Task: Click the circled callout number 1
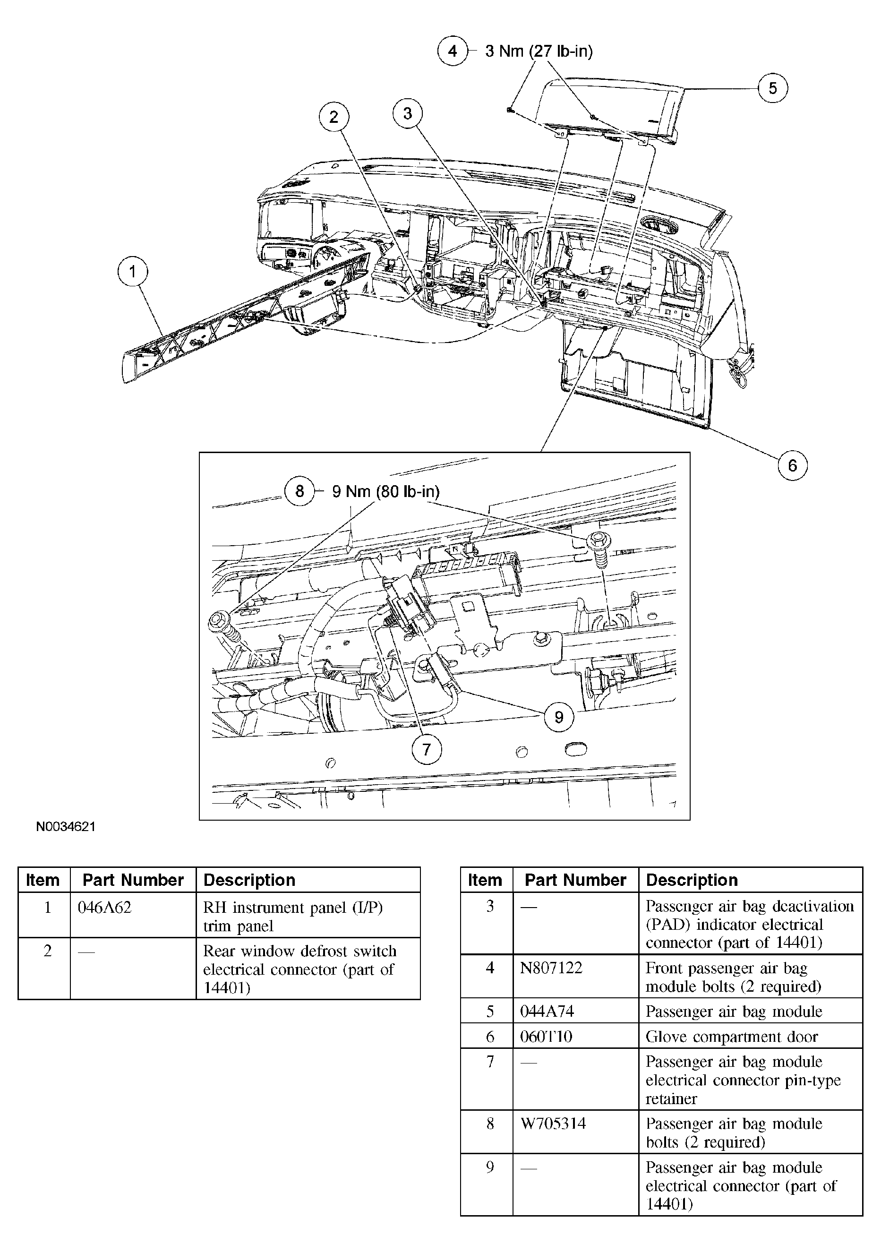click(132, 271)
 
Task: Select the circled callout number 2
click(334, 116)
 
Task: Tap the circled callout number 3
click(407, 113)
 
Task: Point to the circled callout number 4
click(453, 51)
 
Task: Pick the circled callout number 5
click(772, 88)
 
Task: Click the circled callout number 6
click(792, 465)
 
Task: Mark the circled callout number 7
click(426, 749)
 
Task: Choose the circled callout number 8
click(299, 491)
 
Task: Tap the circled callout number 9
click(559, 717)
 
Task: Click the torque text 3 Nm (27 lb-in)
click(539, 51)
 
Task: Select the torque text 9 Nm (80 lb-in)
click(385, 491)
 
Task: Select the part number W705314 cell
click(553, 1123)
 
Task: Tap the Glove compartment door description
click(731, 1036)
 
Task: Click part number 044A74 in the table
click(547, 1011)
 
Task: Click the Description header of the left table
click(249, 880)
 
